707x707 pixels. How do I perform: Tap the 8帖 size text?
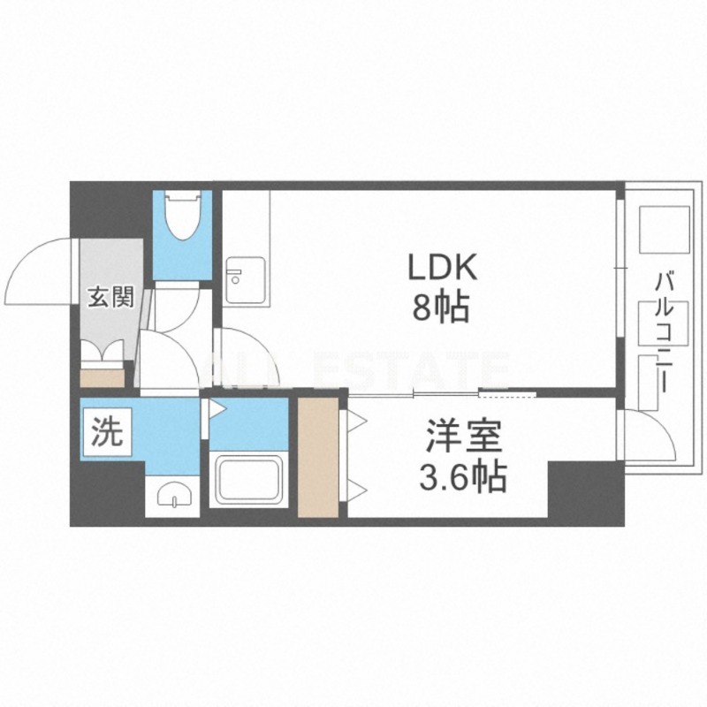click(441, 307)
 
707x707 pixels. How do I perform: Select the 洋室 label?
click(463, 436)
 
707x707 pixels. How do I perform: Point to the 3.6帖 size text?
click(463, 476)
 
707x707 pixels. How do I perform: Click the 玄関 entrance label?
click(110, 297)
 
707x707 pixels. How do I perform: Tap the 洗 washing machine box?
click(106, 431)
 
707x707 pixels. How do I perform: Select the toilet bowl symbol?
click(182, 215)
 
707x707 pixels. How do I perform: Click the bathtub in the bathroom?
click(248, 480)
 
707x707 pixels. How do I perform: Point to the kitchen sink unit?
click(246, 280)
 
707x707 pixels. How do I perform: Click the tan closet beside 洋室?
click(318, 458)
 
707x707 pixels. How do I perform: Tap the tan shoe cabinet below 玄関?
click(103, 378)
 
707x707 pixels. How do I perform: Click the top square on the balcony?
click(665, 230)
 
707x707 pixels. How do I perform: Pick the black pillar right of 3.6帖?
click(586, 493)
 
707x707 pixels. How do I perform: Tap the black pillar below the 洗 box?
click(107, 493)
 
